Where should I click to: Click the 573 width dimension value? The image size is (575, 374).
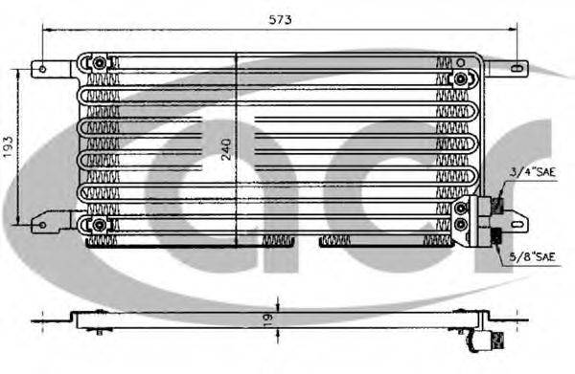pos(280,19)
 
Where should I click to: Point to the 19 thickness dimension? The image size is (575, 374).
pos(270,318)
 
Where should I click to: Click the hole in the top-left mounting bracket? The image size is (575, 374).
pos(41,68)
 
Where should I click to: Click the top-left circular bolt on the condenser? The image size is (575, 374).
pos(99,63)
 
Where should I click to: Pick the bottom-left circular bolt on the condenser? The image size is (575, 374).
pos(99,225)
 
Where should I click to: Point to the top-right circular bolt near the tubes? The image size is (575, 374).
pos(461,78)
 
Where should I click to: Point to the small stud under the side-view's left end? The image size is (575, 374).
pos(101,332)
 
